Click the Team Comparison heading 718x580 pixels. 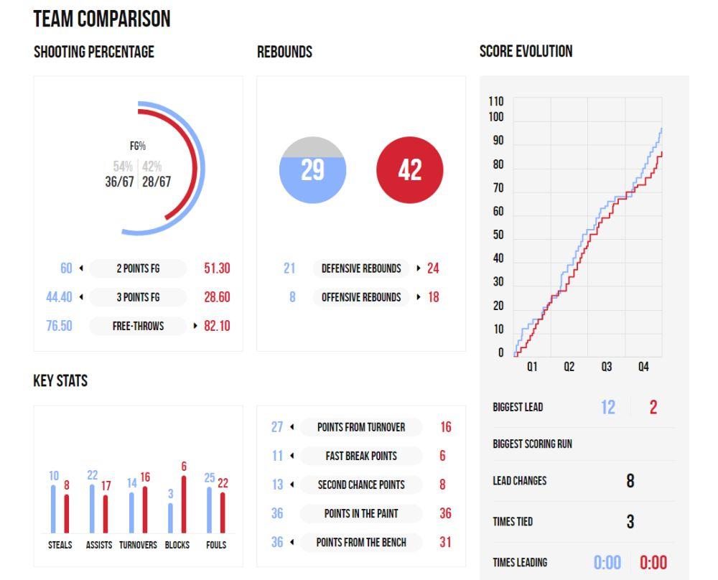click(x=102, y=19)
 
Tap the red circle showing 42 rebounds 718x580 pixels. click(x=409, y=170)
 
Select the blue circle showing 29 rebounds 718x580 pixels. click(x=312, y=171)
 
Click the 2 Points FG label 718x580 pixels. click(x=138, y=268)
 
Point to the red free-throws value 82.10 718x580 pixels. click(x=217, y=326)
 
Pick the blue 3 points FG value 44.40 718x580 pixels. click(x=59, y=297)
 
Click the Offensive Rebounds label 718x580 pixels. click(x=361, y=297)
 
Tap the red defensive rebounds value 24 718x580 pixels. click(x=433, y=268)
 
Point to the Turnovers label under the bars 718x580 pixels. click(x=138, y=545)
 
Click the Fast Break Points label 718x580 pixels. click(x=361, y=456)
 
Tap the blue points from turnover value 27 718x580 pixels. click(x=277, y=427)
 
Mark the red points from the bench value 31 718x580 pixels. click(x=445, y=542)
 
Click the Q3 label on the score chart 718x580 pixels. click(x=607, y=367)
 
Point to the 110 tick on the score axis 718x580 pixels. click(x=496, y=101)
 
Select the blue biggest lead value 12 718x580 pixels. click(x=607, y=408)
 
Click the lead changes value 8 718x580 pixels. click(x=630, y=481)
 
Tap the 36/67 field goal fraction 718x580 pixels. click(x=119, y=182)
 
